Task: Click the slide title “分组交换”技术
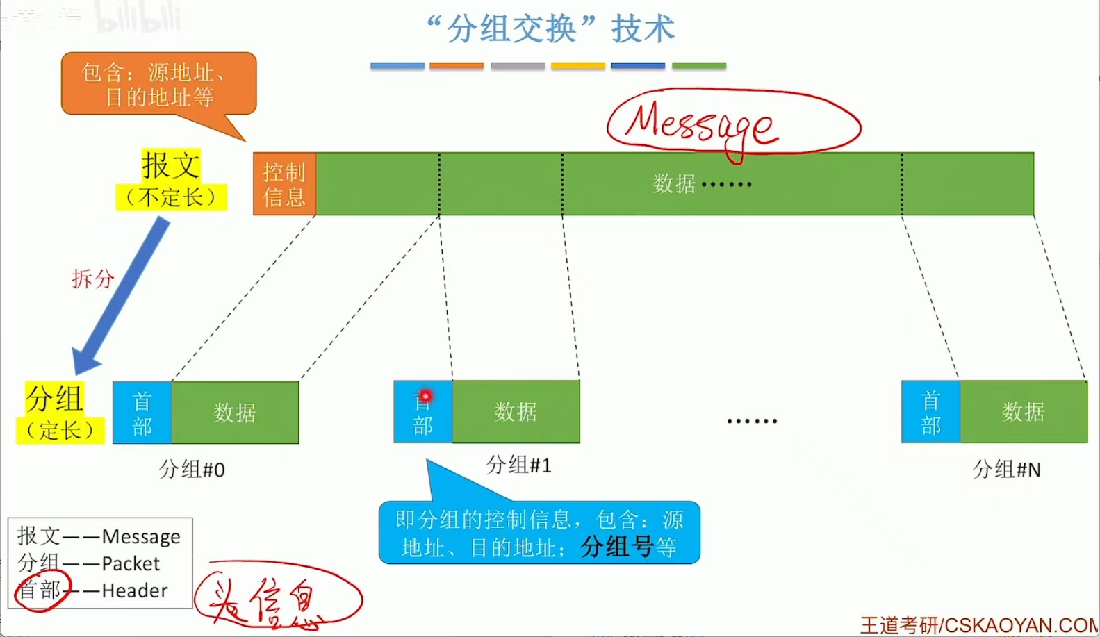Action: (550, 29)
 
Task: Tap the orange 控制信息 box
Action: (284, 184)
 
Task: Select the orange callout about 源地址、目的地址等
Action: (158, 84)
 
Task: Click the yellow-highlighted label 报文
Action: (171, 166)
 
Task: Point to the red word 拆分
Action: (92, 279)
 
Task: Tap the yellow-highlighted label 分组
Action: (54, 399)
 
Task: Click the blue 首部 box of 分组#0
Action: (142, 413)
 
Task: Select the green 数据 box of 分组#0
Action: (235, 413)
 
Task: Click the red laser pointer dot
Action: (425, 396)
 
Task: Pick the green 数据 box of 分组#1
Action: (516, 412)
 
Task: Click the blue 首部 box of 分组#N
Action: (930, 412)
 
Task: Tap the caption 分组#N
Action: (1006, 470)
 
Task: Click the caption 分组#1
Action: (518, 465)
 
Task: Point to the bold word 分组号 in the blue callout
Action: (617, 547)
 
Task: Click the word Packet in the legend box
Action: (131, 563)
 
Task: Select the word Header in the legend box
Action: (135, 590)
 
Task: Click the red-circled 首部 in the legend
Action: (40, 590)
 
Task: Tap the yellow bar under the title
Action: (577, 66)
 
